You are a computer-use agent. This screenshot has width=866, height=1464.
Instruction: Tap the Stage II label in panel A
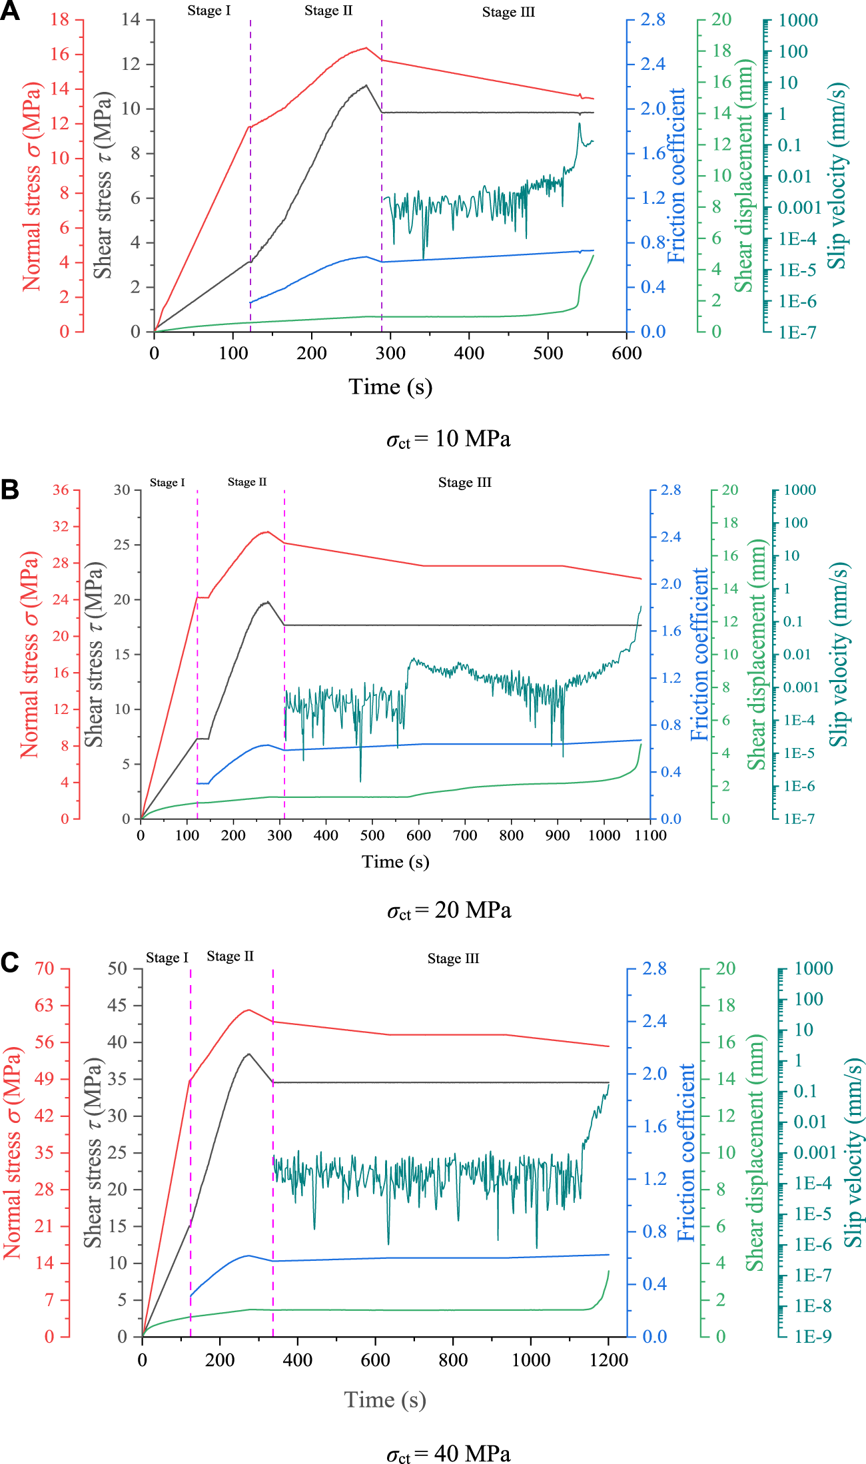click(328, 11)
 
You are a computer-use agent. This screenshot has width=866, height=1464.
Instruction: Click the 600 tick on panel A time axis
click(626, 353)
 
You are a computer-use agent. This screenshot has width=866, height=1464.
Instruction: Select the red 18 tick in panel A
click(60, 19)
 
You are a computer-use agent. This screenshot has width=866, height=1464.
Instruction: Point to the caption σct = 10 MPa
click(448, 439)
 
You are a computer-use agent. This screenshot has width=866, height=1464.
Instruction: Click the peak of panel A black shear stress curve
click(366, 85)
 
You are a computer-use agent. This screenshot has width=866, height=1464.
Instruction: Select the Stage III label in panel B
click(464, 483)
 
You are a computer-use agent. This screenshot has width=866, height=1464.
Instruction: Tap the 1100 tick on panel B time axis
click(650, 835)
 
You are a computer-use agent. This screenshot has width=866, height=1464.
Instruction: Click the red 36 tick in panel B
click(61, 490)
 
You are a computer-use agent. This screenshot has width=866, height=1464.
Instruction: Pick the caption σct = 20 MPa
click(448, 910)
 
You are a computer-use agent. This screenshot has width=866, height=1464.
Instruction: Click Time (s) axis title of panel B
click(395, 862)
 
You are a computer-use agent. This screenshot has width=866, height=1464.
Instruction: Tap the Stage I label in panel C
click(167, 958)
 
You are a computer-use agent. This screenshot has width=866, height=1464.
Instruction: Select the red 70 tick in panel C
click(45, 968)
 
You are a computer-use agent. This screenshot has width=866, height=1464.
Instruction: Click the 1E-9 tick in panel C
click(812, 1336)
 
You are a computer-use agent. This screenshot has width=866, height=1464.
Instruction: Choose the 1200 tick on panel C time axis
click(608, 1360)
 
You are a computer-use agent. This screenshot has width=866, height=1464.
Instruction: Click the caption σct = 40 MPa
click(448, 1453)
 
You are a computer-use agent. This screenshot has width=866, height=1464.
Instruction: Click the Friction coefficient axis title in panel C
click(686, 1152)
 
